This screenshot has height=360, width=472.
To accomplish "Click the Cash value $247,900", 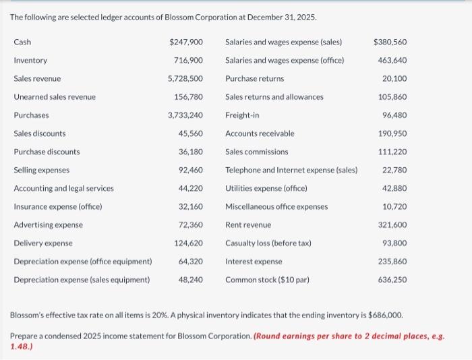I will pos(186,42).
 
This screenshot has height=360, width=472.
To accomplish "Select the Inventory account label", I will pos(30,60).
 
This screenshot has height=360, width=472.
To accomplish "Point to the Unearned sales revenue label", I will pos(55,97).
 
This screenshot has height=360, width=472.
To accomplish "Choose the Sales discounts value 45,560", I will pos(191,133).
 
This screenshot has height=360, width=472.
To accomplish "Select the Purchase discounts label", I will pos(47,152).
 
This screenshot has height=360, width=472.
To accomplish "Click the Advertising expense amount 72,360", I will pos(191,224).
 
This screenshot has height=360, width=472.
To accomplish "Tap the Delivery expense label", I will pos(43,243).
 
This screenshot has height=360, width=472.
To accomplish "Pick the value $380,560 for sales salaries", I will pos(390,42).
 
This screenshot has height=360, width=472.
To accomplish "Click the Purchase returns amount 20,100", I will pos(394,78).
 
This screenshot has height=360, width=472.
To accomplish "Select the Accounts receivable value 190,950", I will pos(392,133).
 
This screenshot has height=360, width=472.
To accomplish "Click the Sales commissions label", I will pos(256,152).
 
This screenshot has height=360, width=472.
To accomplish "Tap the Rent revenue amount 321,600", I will pos(392,224).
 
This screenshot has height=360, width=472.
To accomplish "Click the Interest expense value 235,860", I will pos(392,261).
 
